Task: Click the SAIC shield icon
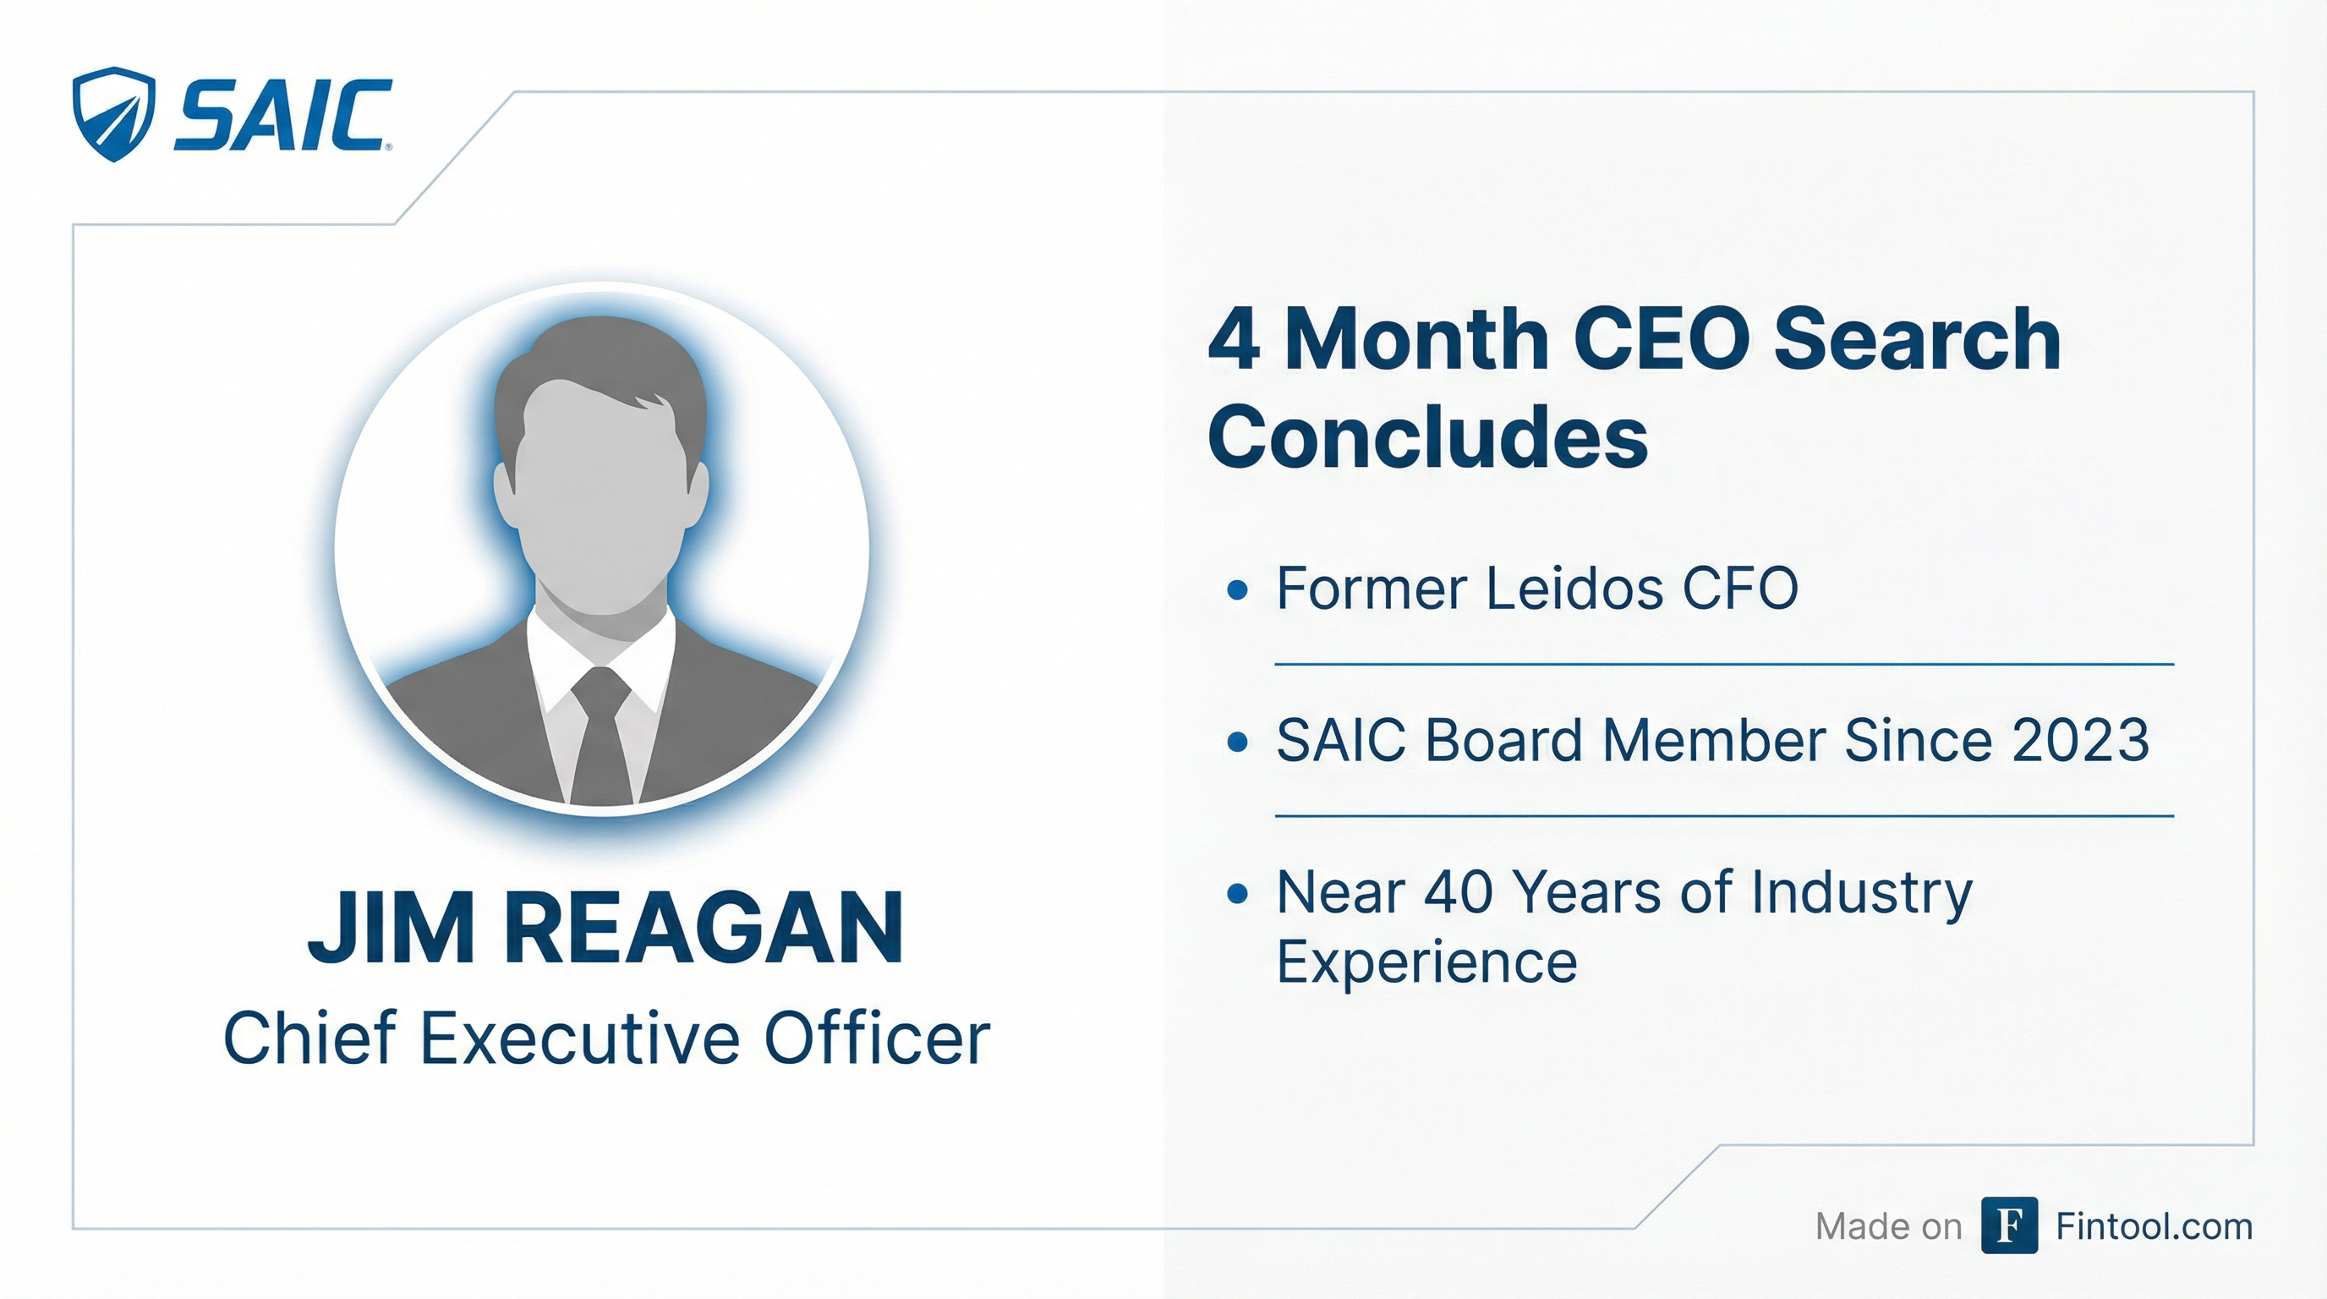pos(113,114)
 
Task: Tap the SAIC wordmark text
pos(282,115)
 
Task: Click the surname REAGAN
pos(704,928)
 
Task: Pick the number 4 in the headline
pos(1234,340)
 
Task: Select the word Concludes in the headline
pos(1428,436)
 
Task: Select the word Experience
pos(1427,962)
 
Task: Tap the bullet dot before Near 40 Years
pos(1238,894)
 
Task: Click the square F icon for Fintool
pos(2009,1225)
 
